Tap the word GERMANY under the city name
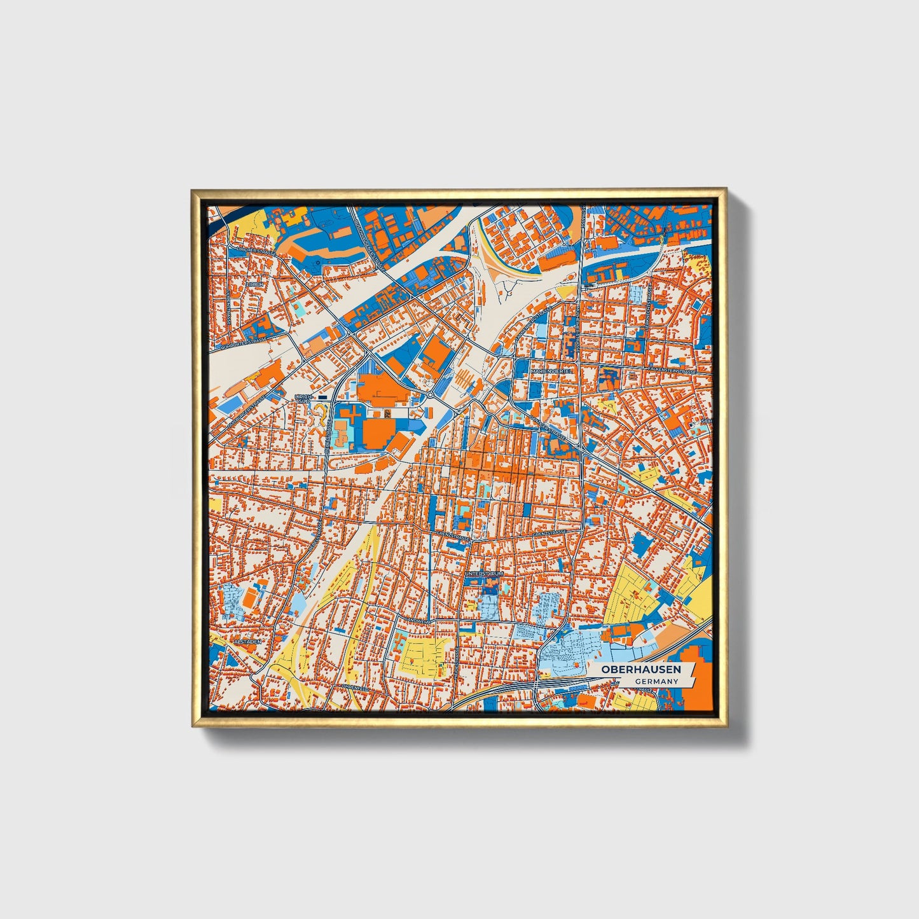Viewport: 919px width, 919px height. tap(655, 682)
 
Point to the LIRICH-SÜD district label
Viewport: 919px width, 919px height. tap(303, 398)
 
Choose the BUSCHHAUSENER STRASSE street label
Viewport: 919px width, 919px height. tap(370, 245)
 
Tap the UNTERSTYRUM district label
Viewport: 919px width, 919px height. tap(484, 574)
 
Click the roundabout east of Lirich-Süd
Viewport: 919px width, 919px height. tap(431, 395)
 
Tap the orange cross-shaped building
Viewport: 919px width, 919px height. tap(352, 413)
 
